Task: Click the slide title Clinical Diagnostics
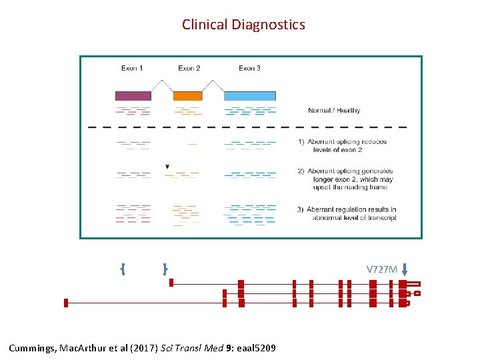pyautogui.click(x=243, y=25)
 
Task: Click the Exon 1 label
pyautogui.click(x=132, y=68)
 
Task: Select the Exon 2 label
pyautogui.click(x=189, y=68)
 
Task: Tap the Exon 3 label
pyautogui.click(x=249, y=68)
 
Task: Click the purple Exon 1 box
pyautogui.click(x=133, y=95)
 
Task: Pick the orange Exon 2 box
pyautogui.click(x=187, y=95)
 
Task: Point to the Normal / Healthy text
pyautogui.click(x=334, y=111)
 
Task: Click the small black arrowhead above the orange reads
pyautogui.click(x=167, y=165)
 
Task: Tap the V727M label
pyautogui.click(x=381, y=269)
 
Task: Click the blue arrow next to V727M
pyautogui.click(x=404, y=270)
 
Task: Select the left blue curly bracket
pyautogui.click(x=123, y=269)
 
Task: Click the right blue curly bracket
pyautogui.click(x=164, y=269)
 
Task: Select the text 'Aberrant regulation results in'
pyautogui.click(x=352, y=209)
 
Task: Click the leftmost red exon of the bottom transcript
pyautogui.click(x=66, y=303)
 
